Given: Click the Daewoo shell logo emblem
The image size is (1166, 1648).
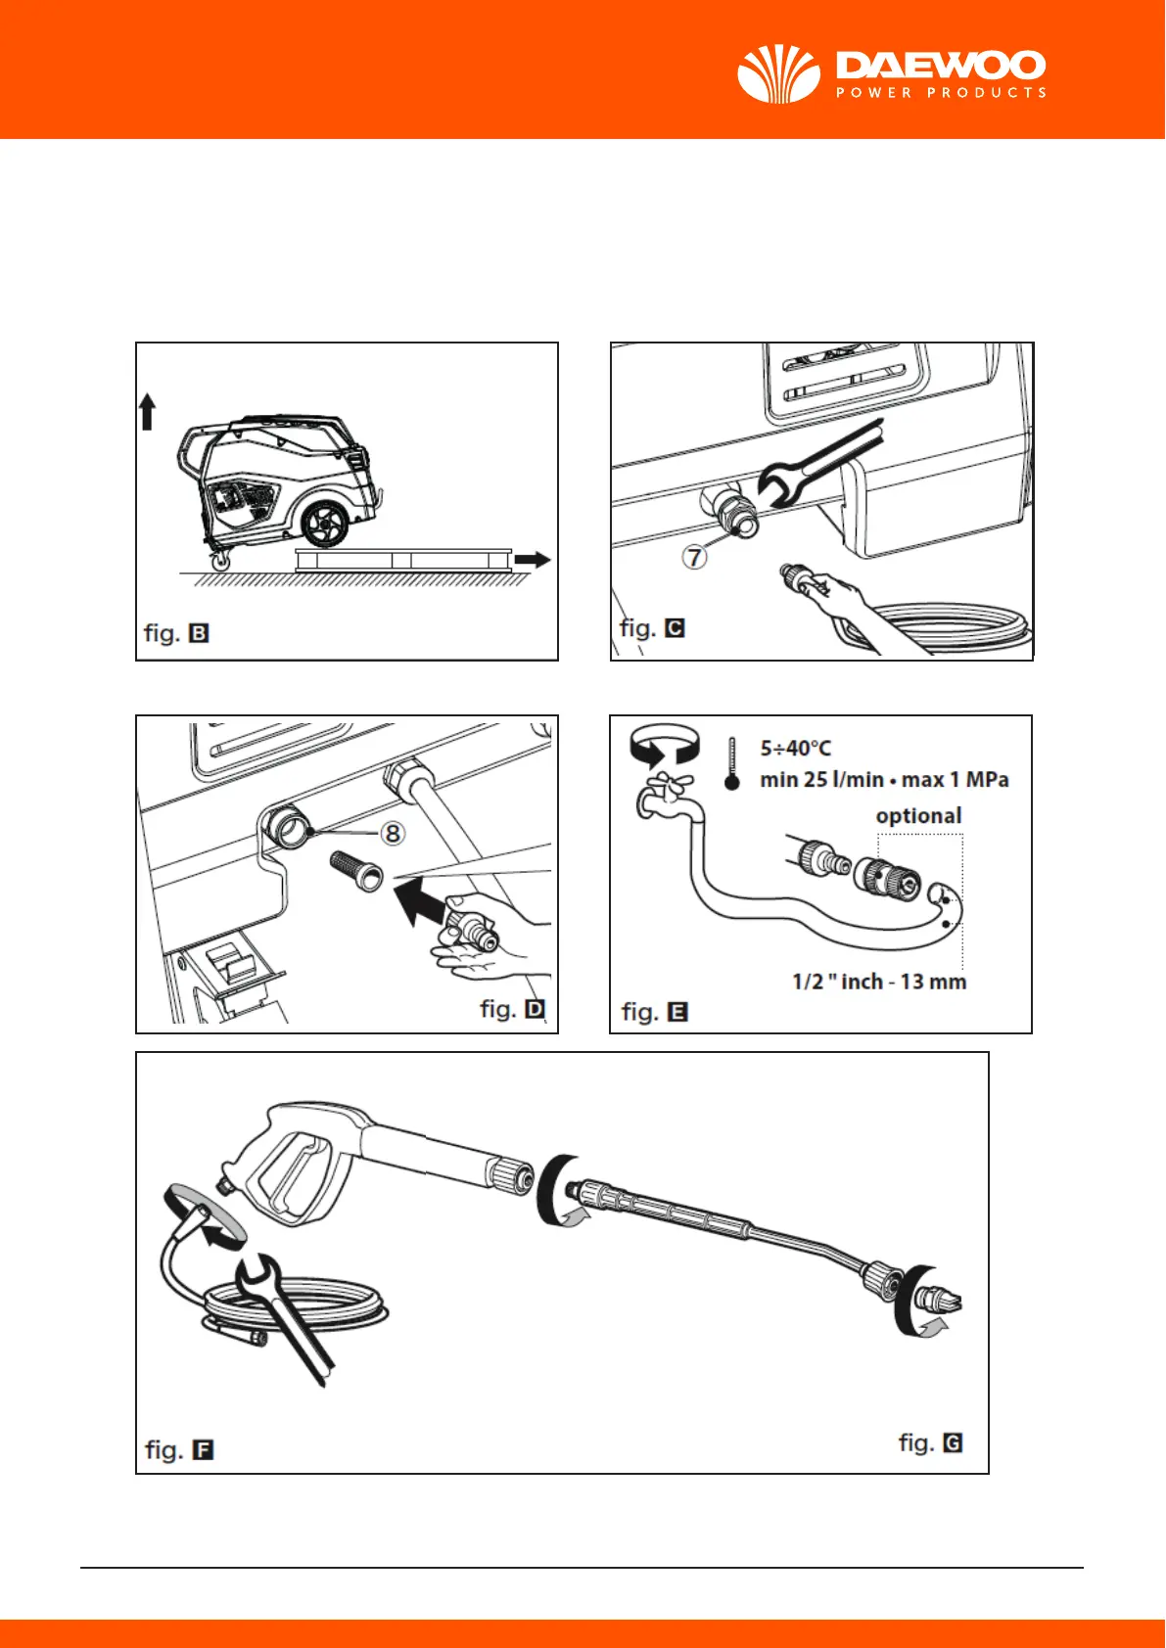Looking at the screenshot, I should [x=778, y=74].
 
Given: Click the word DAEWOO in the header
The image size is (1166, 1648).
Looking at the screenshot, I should [x=940, y=66].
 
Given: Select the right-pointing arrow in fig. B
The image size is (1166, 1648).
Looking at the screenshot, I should [x=533, y=560].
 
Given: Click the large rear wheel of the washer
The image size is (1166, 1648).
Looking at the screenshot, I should [x=324, y=524].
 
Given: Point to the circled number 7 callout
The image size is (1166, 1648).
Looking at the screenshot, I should [x=694, y=557].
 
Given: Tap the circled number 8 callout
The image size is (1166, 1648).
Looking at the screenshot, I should [x=392, y=833].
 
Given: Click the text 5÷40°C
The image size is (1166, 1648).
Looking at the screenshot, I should [x=795, y=749].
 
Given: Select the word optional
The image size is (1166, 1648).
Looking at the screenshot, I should [x=918, y=815].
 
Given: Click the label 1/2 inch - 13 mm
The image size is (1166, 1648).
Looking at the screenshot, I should [x=878, y=982].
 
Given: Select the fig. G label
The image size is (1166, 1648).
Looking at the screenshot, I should [x=930, y=1442].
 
